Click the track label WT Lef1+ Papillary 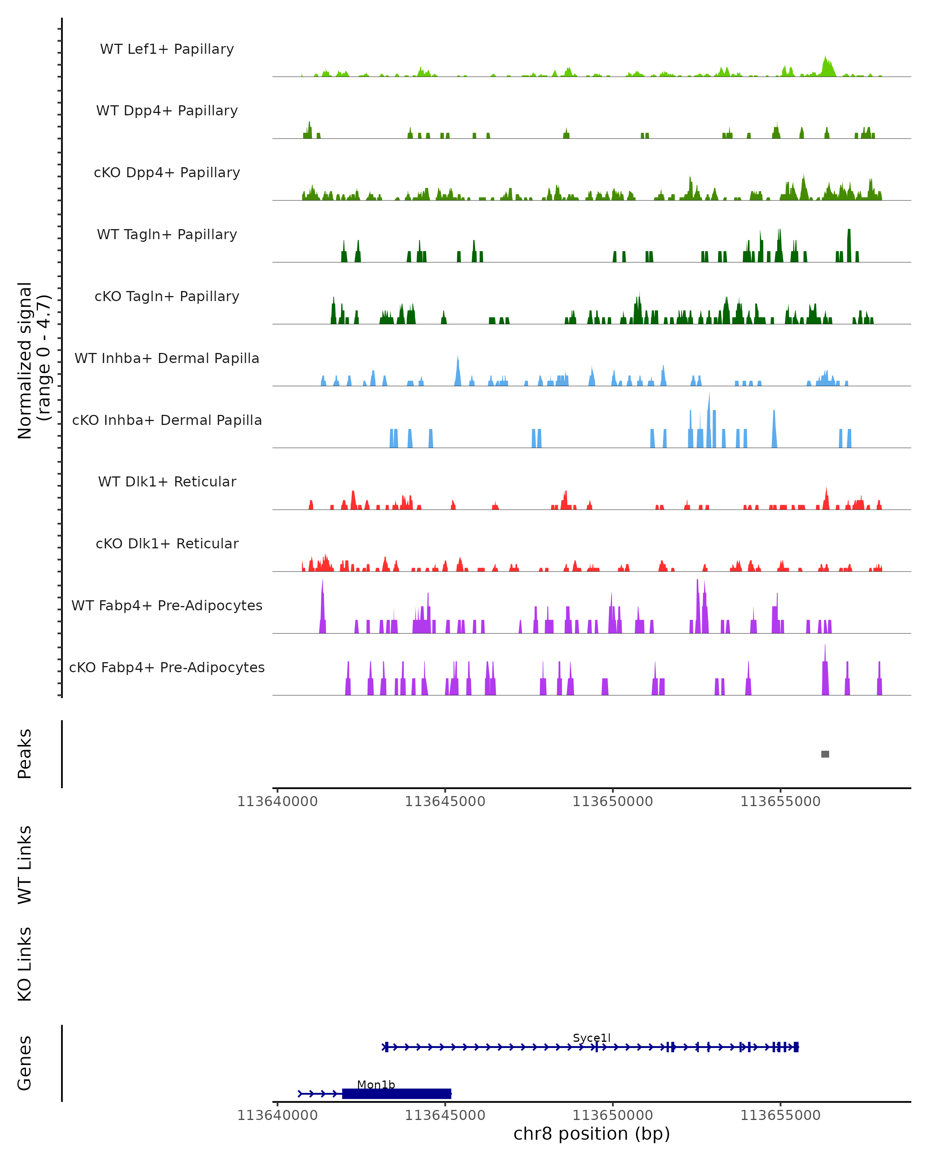pos(167,49)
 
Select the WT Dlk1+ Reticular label pos(167,481)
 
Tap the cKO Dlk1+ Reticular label pos(167,543)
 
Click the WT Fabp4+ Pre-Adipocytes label pos(167,605)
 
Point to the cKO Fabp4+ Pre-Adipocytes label pos(167,667)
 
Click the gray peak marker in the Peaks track pos(824,754)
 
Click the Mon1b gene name pos(376,1084)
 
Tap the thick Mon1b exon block pos(396,1093)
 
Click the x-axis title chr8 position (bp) pos(591,1134)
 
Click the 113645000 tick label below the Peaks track pos(445,801)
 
